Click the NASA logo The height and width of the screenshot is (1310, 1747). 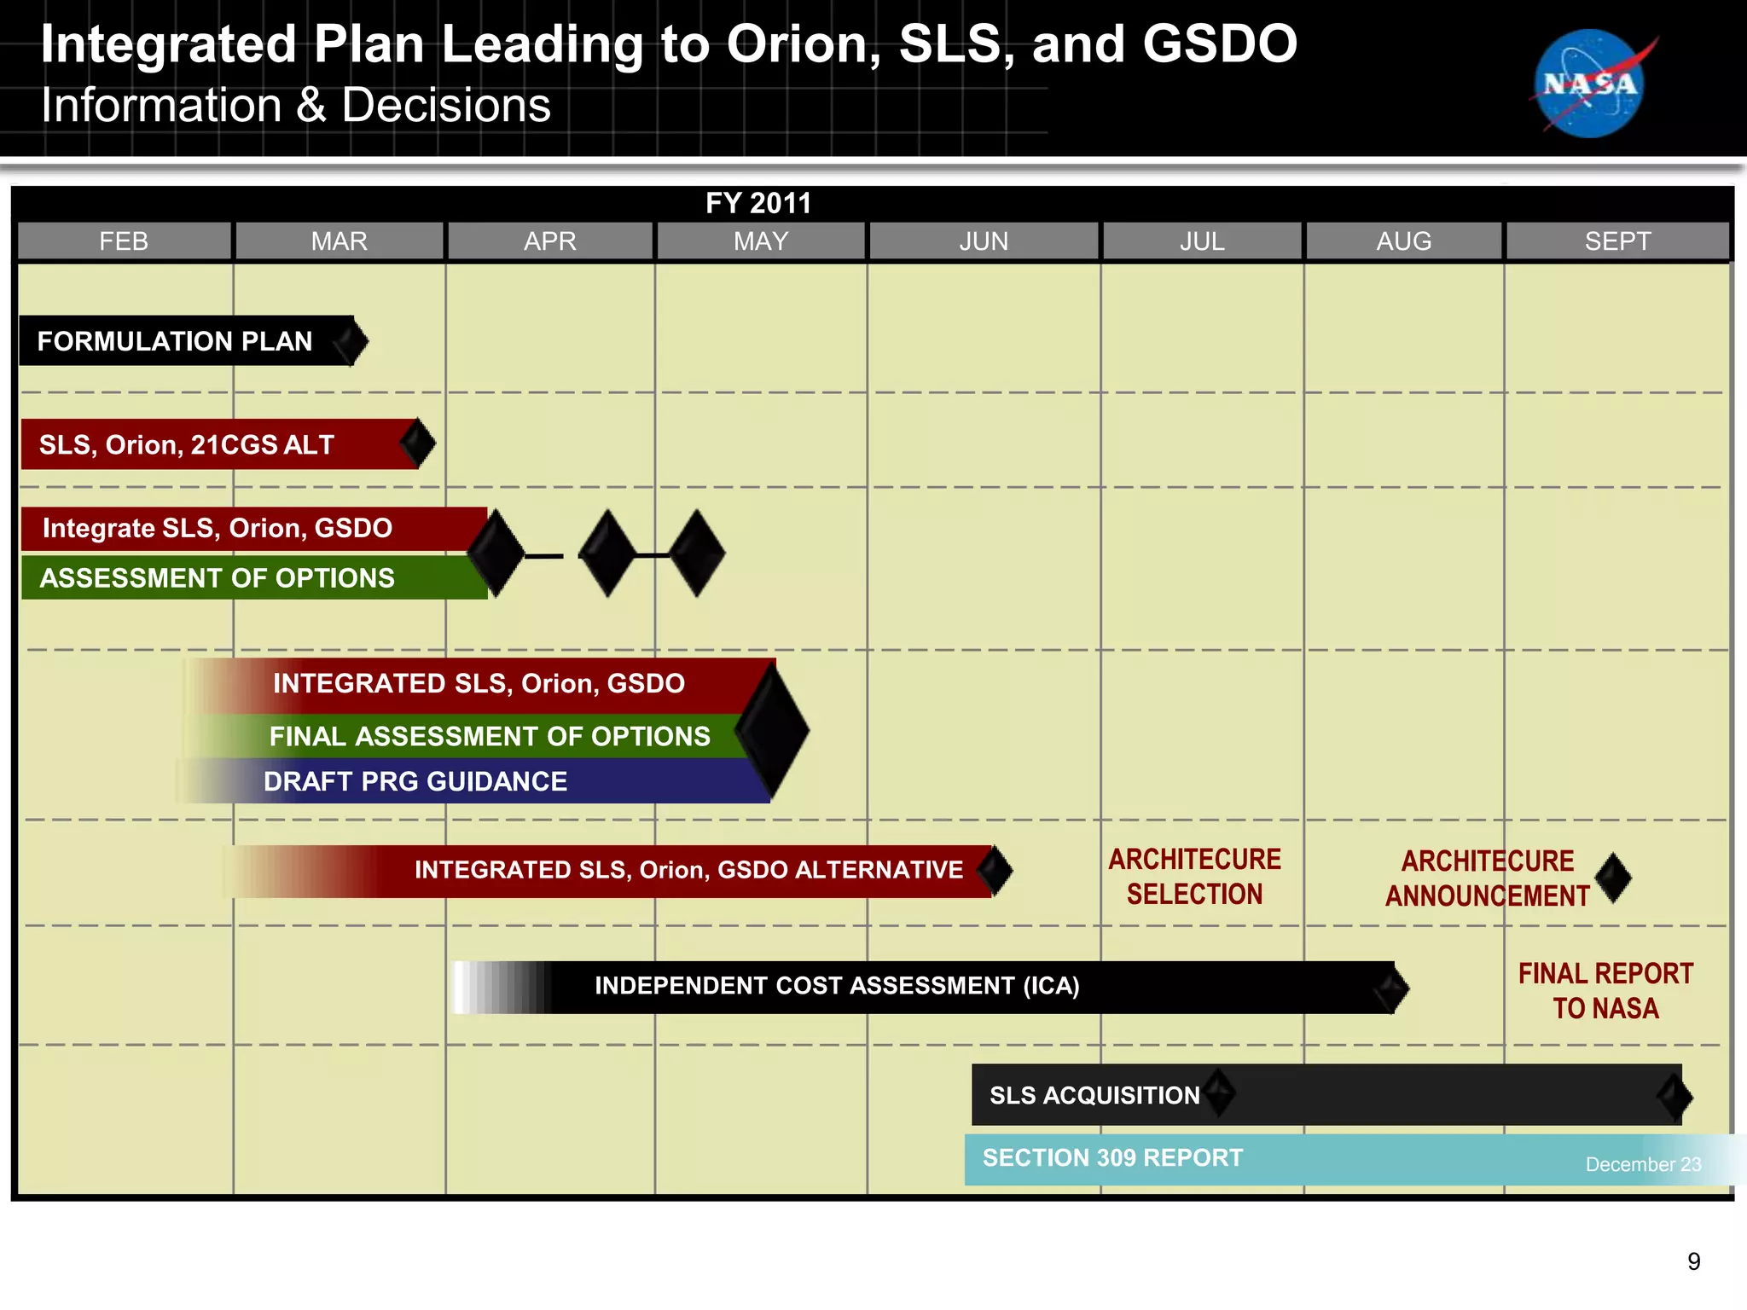tap(1590, 84)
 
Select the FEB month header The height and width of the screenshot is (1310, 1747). tap(125, 241)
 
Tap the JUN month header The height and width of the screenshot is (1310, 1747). tap(984, 241)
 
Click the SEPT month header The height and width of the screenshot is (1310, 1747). tap(1617, 241)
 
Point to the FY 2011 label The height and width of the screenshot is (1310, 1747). tap(757, 203)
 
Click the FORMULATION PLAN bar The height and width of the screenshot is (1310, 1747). tap(175, 341)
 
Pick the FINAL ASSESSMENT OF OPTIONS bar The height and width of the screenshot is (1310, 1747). tap(490, 736)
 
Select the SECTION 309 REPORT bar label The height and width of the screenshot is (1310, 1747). tap(1112, 1158)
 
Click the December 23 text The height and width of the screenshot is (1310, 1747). tap(1643, 1164)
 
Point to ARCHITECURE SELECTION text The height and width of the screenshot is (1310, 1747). tap(1194, 877)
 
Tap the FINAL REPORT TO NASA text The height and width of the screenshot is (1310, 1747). tap(1605, 991)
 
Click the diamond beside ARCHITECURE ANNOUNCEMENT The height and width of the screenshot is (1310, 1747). tap(1613, 878)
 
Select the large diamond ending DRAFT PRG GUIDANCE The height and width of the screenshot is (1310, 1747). tap(772, 731)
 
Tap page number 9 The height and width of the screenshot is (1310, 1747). tap(1693, 1261)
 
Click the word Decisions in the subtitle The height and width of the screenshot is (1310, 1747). tap(446, 106)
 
